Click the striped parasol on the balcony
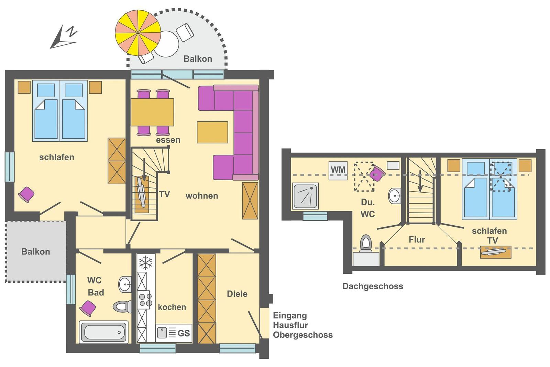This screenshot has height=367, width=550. pos(138,33)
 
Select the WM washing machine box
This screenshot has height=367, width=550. pos(338,171)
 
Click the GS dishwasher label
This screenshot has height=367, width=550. pos(184,333)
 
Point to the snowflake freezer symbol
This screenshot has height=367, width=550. pos(146,262)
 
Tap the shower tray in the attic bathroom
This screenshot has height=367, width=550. pos(306,196)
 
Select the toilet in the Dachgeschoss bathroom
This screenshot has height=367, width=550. pos(366,244)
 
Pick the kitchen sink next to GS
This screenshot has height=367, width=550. pos(162,333)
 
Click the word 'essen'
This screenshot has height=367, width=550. pos(168,140)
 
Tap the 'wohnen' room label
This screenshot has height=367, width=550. pos(202,196)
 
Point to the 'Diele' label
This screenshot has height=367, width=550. pos(237,294)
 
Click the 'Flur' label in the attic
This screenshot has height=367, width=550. pos(417,239)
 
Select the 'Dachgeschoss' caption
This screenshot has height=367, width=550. pos(373,287)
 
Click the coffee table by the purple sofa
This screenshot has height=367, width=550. pos(212,132)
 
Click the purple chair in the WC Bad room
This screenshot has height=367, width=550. pos(88,308)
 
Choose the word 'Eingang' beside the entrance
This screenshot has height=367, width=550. pos(290,315)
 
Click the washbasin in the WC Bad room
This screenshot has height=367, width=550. pos(125,284)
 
